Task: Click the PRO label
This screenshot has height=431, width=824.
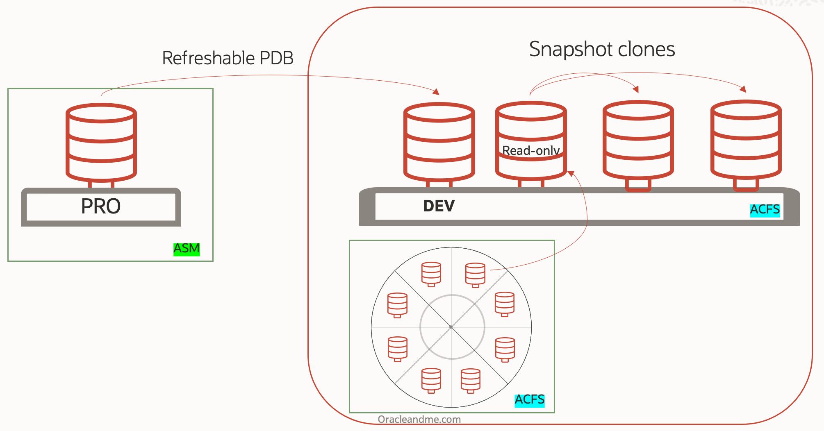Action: click(101, 206)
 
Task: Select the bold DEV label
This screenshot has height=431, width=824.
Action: click(439, 206)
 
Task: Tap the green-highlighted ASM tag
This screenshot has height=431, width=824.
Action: click(187, 249)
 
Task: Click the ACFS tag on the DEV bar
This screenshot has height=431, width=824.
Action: click(765, 210)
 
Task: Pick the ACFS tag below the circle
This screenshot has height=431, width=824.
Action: click(529, 399)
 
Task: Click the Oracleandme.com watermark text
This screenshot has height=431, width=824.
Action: click(419, 419)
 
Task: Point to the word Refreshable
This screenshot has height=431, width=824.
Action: click(208, 58)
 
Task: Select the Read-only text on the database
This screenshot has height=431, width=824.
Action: click(531, 151)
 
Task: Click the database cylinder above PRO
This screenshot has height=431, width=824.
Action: click(101, 142)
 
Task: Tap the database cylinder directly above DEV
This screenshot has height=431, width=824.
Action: click(439, 141)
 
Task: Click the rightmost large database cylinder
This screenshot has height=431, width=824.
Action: click(746, 139)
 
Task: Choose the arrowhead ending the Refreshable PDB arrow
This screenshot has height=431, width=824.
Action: click(436, 92)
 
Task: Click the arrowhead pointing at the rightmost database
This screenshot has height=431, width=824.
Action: click(743, 89)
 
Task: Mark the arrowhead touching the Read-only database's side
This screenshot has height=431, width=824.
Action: click(571, 173)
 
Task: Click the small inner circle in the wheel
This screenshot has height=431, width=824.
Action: click(452, 327)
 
